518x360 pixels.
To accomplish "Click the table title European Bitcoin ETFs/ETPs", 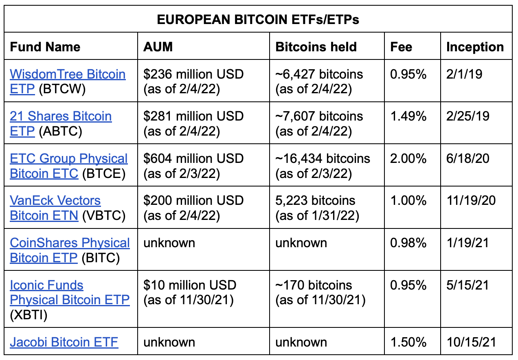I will click(258, 19).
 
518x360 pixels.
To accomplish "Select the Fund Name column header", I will click(45, 47).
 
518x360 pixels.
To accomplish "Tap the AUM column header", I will click(158, 47).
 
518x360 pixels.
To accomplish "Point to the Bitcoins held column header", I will click(316, 47).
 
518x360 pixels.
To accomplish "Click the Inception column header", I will click(475, 47).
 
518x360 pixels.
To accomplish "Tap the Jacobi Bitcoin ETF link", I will click(64, 342).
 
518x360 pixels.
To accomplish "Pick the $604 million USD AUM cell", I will click(193, 166).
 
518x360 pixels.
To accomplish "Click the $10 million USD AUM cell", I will click(190, 292).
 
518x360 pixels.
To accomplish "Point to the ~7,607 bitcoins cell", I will click(319, 123).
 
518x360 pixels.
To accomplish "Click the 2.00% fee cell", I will click(408, 159).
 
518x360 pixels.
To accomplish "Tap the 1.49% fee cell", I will click(408, 116).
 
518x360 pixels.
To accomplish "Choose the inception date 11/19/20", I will click(471, 201).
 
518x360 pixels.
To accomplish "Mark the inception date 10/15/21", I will click(471, 342).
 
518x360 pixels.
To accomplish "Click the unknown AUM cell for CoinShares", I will click(169, 243).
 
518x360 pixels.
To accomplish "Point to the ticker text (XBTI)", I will click(29, 314).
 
